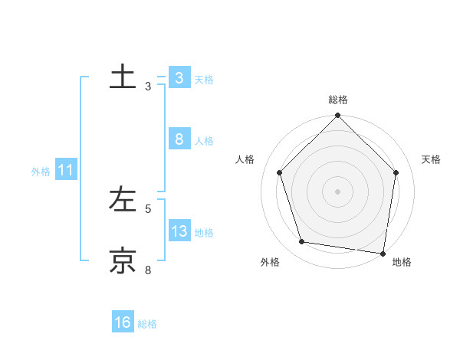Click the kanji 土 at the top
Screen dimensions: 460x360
tap(122, 78)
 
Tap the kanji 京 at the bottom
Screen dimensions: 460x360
tap(122, 260)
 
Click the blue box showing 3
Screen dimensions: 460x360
tap(179, 78)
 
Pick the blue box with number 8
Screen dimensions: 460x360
tap(179, 139)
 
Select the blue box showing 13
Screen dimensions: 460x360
tap(179, 231)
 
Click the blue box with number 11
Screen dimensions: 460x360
tap(65, 171)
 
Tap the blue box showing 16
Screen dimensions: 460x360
tap(123, 322)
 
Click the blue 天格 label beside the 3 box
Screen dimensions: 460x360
tap(204, 79)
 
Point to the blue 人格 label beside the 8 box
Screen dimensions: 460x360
tap(204, 141)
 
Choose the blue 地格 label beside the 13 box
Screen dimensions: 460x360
tap(204, 233)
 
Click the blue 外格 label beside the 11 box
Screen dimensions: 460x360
tap(41, 172)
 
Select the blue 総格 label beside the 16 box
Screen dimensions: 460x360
tap(147, 324)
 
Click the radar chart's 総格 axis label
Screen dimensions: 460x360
tap(337, 100)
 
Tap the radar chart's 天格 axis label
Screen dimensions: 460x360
tap(431, 159)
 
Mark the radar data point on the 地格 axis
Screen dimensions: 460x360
tap(383, 252)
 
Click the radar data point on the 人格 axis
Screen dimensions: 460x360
tap(279, 172)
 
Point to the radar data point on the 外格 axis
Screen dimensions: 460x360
tap(302, 242)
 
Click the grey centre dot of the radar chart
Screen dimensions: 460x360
tap(337, 191)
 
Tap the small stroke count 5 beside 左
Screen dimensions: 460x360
tap(148, 208)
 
